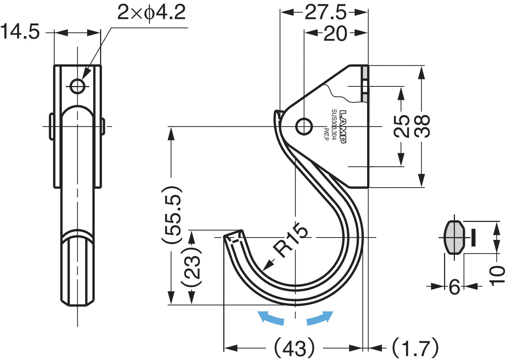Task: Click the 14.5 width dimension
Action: tap(20, 32)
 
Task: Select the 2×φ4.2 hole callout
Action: tap(151, 13)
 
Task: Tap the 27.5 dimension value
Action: tap(326, 13)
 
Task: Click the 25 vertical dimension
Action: tap(401, 126)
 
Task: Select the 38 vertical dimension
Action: tap(422, 126)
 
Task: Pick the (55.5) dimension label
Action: tap(171, 215)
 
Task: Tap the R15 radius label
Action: tap(290, 240)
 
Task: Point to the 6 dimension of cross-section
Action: tap(454, 287)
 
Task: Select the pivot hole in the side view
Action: tap(304, 127)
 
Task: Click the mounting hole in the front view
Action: tap(77, 86)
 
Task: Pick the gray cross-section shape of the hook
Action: tap(454, 237)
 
